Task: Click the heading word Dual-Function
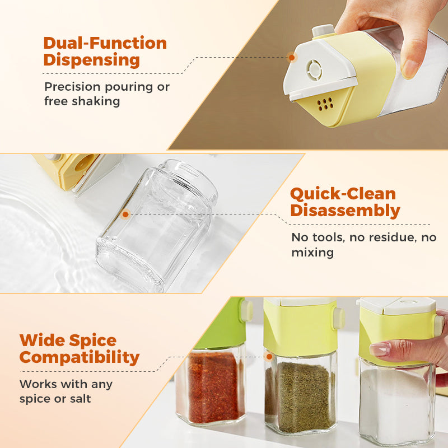point(105,43)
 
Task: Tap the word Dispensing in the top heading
point(92,60)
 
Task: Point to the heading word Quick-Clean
point(343,194)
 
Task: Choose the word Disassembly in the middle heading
point(345,211)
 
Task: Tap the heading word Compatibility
point(80,358)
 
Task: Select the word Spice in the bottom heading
point(92,341)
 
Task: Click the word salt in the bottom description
point(80,399)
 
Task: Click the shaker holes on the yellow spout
point(325,104)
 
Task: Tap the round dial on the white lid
point(314,69)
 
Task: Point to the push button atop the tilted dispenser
point(324,30)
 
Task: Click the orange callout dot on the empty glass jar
point(125,214)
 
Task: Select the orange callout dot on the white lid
point(292,58)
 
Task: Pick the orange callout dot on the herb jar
point(269,357)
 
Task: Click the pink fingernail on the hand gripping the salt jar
point(379,349)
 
